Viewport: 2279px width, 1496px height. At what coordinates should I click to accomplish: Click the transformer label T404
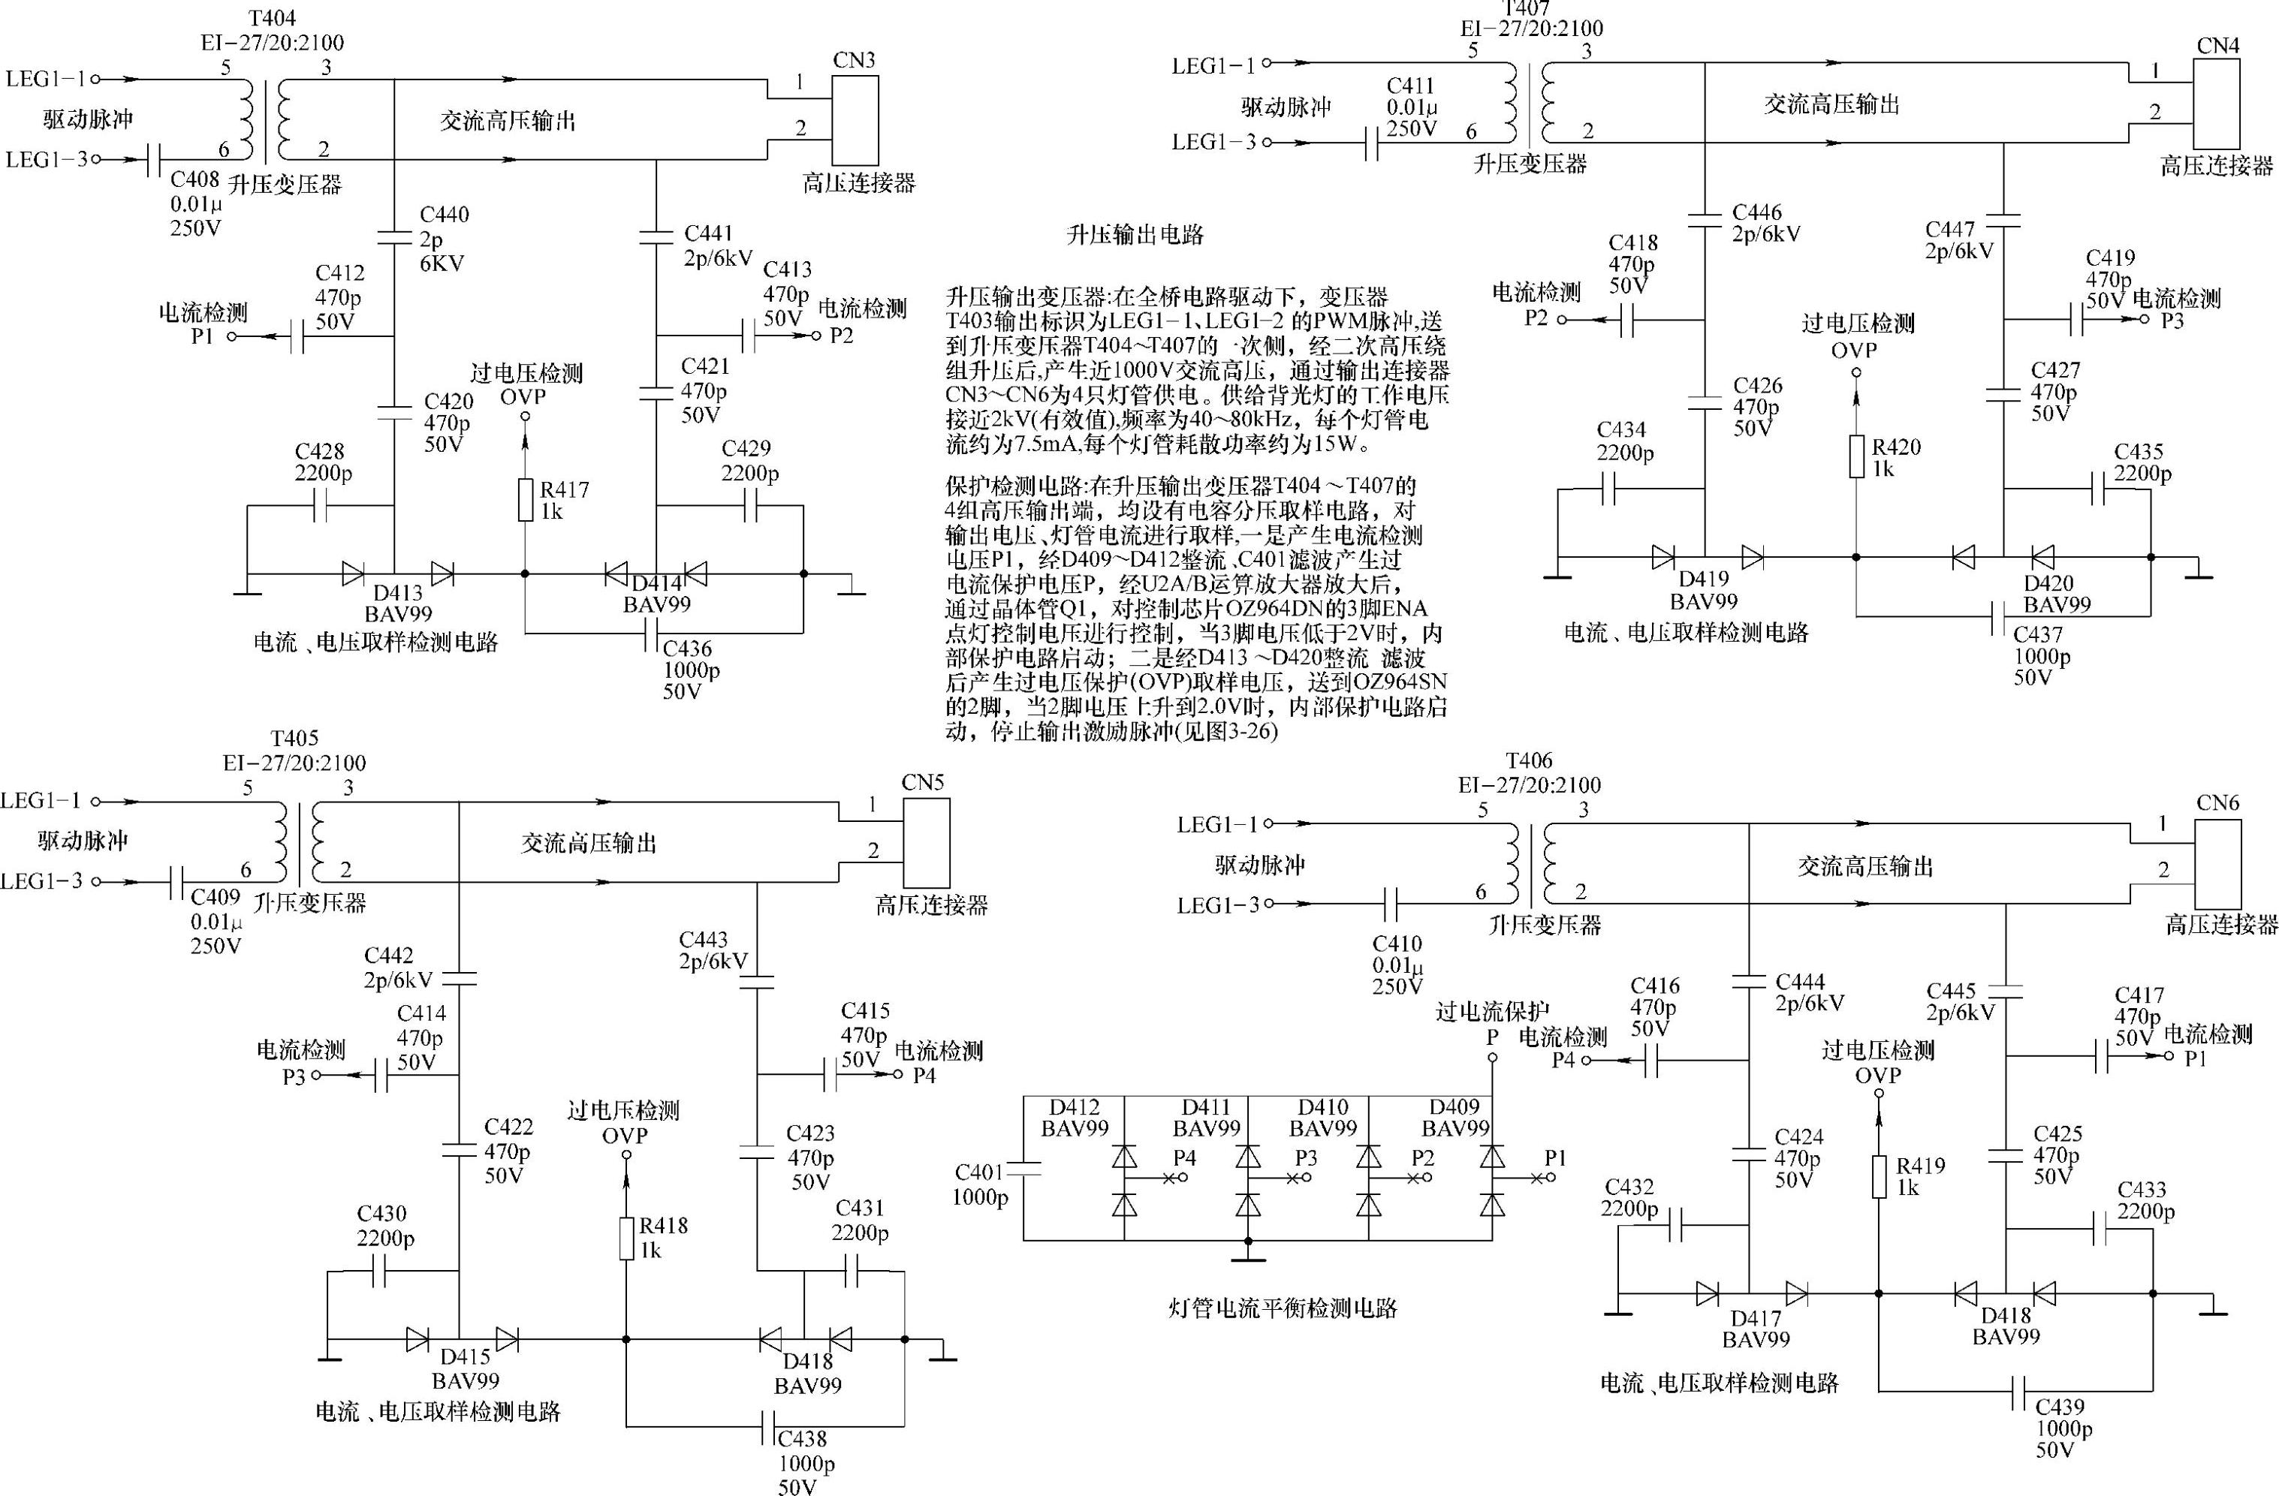pos(272,18)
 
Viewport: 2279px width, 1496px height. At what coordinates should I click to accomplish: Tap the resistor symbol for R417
pos(525,501)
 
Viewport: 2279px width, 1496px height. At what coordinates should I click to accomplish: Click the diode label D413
pos(397,592)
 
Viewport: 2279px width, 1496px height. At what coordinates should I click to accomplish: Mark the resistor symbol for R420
pos(1855,456)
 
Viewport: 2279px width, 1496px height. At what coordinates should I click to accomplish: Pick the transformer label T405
pos(294,739)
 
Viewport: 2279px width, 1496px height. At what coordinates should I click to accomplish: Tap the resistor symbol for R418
pos(626,1239)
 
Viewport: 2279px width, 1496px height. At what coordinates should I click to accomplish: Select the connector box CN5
pos(926,842)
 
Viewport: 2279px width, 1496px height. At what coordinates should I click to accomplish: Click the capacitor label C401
pos(978,1172)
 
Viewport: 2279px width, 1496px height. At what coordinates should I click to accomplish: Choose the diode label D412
pos(1075,1107)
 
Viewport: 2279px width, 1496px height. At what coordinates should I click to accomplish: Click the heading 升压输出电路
pos(1135,234)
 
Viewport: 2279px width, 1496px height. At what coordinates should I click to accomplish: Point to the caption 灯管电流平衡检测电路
pos(1283,1308)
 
